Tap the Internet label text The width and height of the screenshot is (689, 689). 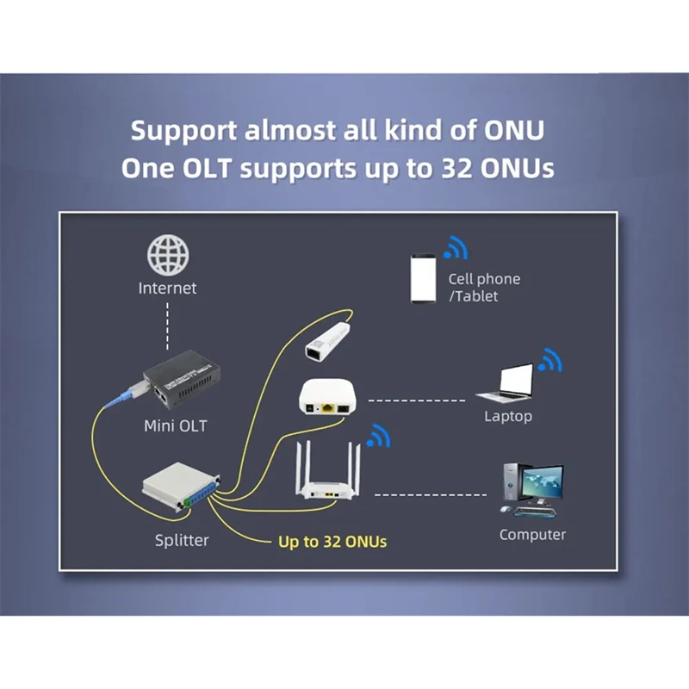168,289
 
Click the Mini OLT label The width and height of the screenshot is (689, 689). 176,425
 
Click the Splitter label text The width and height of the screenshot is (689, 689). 182,541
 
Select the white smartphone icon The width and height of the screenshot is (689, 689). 422,278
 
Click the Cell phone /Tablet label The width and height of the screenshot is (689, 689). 483,288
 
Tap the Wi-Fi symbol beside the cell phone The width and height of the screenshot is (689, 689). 455,250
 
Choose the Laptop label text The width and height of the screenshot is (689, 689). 508,417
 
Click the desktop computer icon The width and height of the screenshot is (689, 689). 530,488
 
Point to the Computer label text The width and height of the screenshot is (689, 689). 532,535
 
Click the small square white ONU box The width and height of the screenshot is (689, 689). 327,396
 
